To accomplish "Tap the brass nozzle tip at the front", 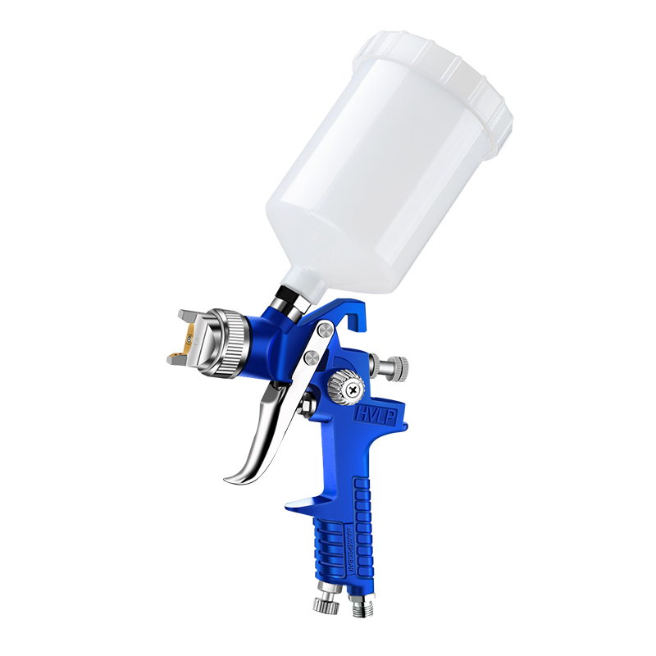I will tap(190, 338).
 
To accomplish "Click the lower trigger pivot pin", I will tap(312, 358).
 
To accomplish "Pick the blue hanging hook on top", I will tap(345, 316).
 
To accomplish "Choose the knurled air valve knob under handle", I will tap(325, 604).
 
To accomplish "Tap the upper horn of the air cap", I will tap(185, 317).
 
